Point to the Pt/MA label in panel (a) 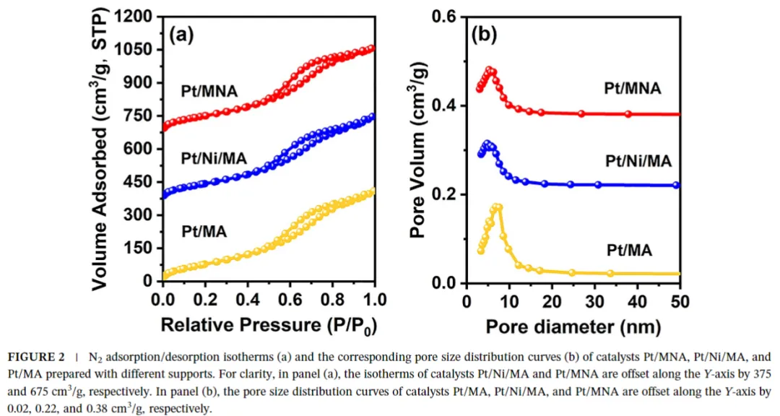[x=204, y=232]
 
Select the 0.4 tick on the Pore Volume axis [x=443, y=106]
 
